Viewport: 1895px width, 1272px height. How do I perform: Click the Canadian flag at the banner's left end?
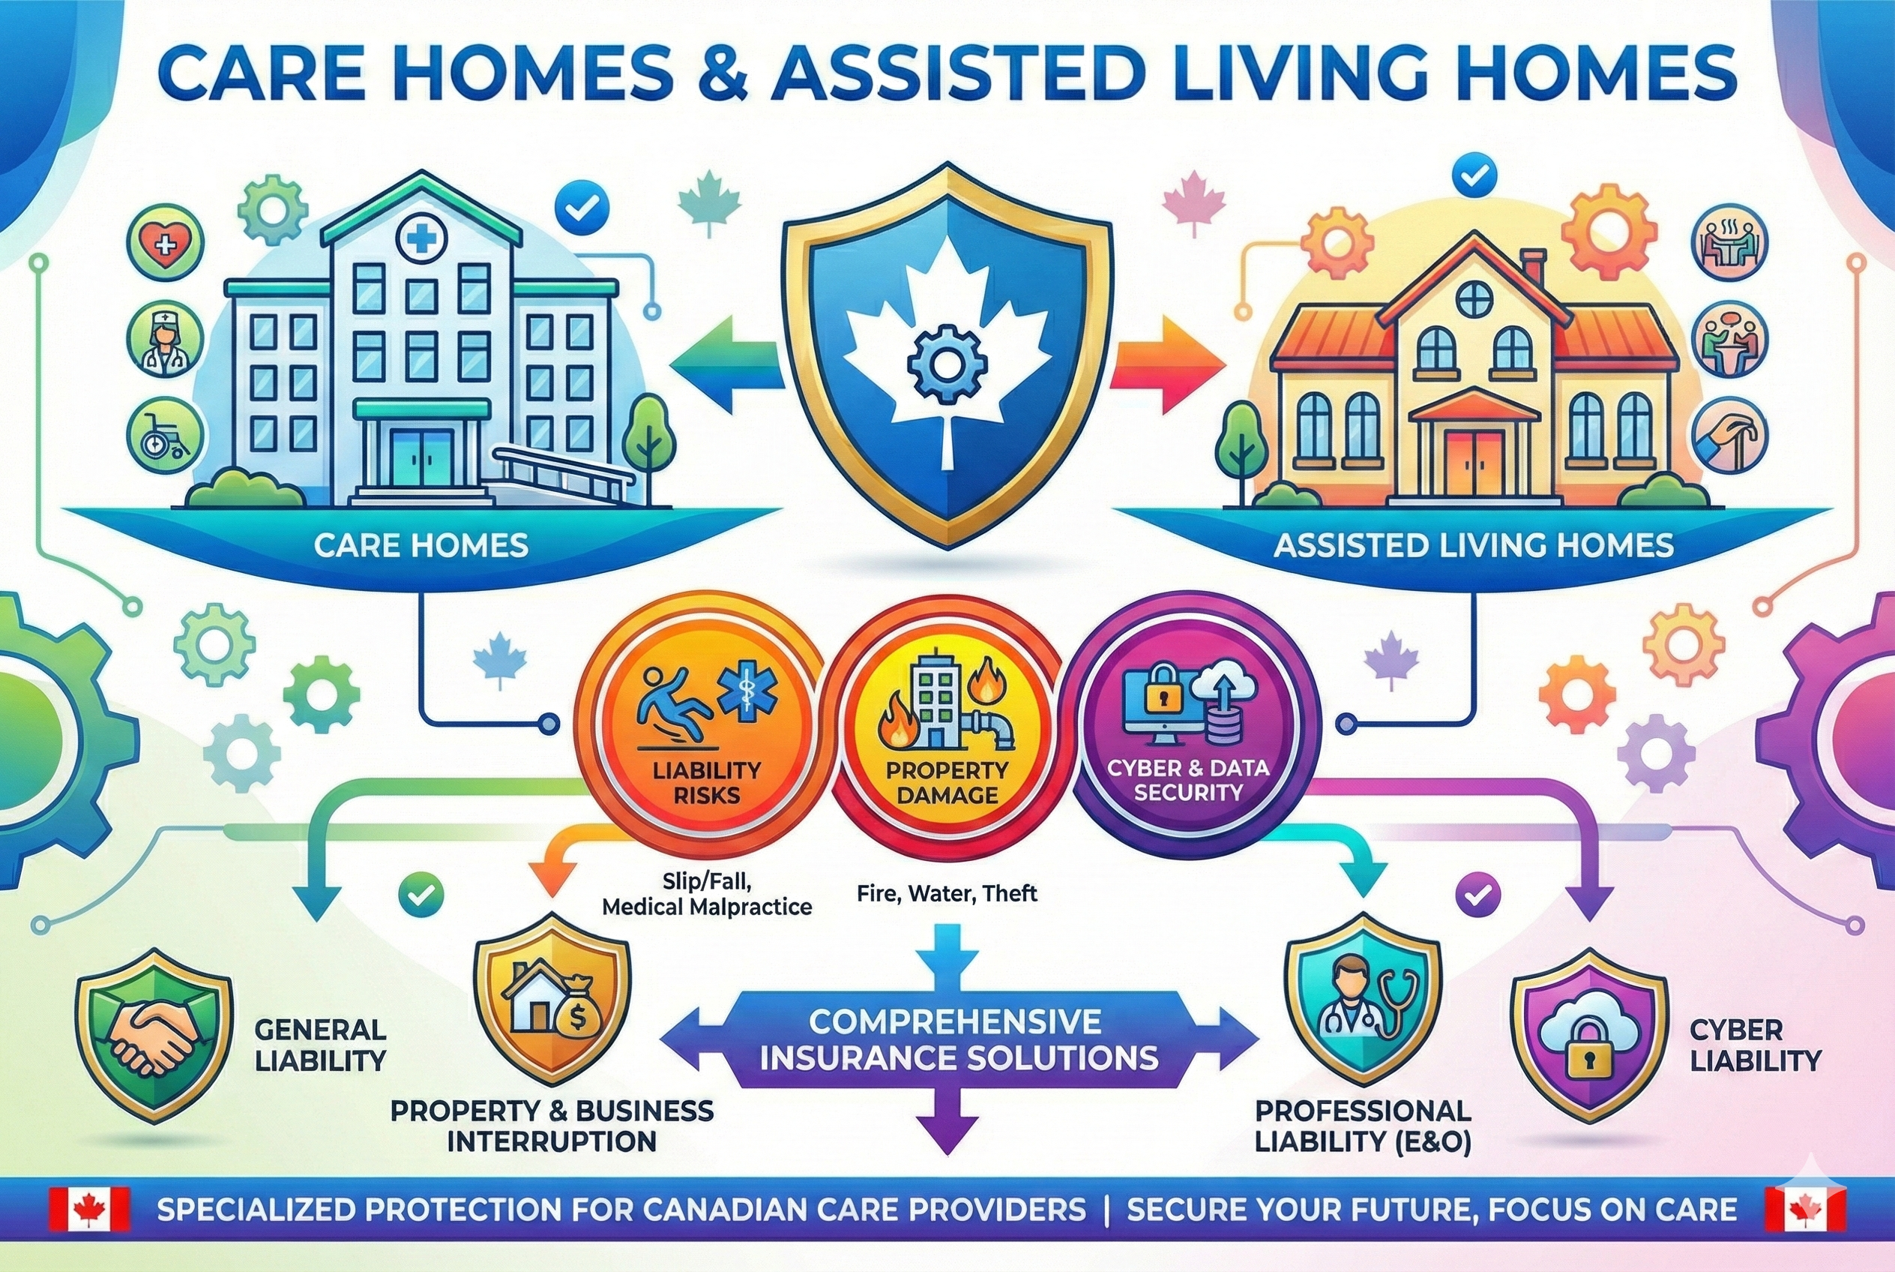89,1210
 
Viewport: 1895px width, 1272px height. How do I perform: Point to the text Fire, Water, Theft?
946,894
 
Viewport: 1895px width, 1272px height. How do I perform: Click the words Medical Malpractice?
706,906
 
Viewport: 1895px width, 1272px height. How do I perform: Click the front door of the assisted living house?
1475,464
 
